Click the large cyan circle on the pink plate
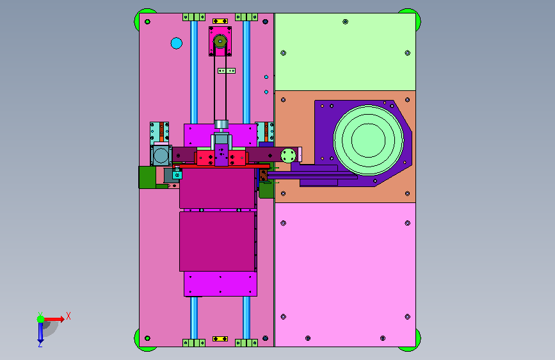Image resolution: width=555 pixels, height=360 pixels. [176, 43]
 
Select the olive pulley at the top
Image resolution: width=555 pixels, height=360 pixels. [220, 42]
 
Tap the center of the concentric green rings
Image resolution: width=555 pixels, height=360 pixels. [368, 140]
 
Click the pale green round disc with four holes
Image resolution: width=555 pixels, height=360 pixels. [288, 156]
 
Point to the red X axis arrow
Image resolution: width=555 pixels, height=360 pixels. [53, 319]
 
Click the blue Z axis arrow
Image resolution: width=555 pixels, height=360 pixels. [40, 334]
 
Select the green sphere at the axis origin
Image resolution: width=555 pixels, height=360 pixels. [41, 319]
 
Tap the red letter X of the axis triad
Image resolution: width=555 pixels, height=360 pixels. [68, 316]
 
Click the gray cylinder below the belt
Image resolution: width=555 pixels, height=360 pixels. [221, 124]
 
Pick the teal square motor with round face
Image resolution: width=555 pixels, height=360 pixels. [161, 155]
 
